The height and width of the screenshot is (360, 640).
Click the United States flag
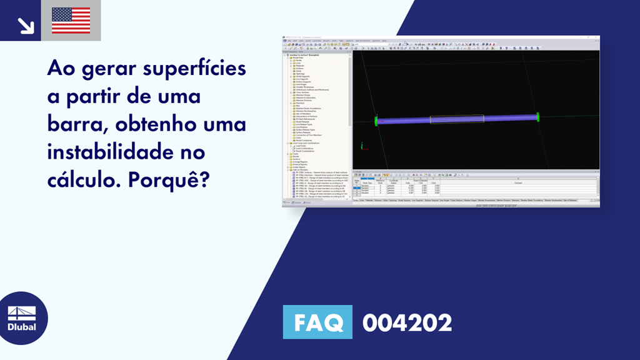(71, 21)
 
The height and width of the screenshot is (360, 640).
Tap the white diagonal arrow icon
(26, 25)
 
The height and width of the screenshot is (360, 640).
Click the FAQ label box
(317, 323)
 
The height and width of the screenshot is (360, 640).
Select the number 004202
(407, 323)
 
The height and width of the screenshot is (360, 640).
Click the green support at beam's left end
(376, 121)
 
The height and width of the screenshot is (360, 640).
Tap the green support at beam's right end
(537, 116)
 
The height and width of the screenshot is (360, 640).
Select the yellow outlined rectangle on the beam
(456, 119)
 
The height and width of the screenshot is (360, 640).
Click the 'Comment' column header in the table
(517, 182)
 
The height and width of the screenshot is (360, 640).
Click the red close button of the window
(596, 37)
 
